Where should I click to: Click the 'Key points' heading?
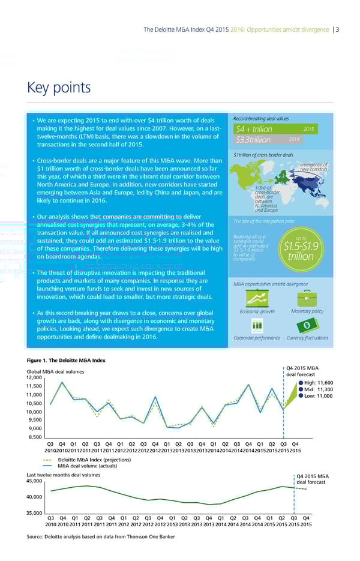(59, 88)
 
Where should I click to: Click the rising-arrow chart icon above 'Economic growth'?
(260, 298)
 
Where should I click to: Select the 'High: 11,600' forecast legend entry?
(314, 382)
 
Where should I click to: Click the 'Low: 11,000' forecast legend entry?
(314, 396)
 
